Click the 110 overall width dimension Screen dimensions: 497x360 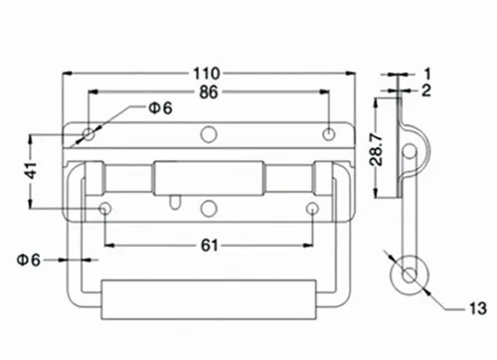[x=207, y=74]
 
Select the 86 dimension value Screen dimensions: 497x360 [x=209, y=92]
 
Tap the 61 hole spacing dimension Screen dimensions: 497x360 [x=210, y=246]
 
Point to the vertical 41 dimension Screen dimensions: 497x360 [x=32, y=171]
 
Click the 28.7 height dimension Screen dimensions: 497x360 [x=377, y=150]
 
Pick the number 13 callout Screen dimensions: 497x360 [x=478, y=308]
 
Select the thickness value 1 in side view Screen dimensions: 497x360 [x=427, y=74]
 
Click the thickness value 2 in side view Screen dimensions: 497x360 [x=426, y=90]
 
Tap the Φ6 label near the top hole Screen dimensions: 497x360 [x=161, y=108]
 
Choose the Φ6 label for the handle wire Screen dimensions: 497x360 [x=29, y=260]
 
